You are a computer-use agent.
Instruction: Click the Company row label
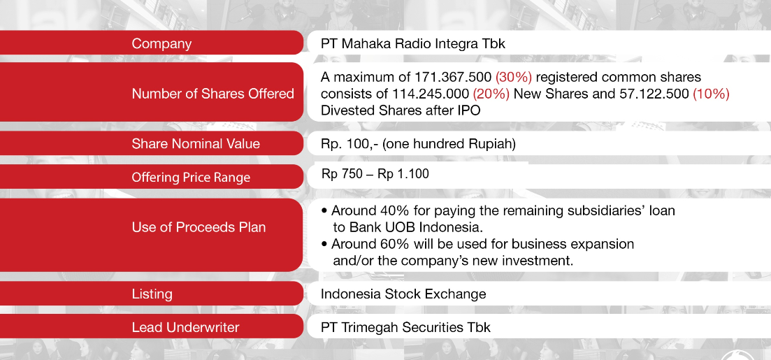(161, 44)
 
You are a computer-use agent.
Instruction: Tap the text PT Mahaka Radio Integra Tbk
(413, 44)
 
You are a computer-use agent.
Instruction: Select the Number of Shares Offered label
(213, 94)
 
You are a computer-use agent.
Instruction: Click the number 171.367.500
(454, 77)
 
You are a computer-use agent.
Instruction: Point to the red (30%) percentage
(514, 77)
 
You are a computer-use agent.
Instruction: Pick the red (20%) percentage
(491, 94)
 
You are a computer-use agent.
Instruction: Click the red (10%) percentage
(711, 94)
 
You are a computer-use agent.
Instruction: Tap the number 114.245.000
(431, 94)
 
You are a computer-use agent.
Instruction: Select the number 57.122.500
(651, 94)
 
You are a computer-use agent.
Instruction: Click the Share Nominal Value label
(196, 144)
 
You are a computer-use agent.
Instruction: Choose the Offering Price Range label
(191, 178)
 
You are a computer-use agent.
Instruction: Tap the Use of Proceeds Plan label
(199, 227)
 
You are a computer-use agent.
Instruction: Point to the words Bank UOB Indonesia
(416, 228)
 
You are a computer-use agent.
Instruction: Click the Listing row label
(152, 294)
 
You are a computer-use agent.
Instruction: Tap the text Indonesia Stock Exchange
(403, 294)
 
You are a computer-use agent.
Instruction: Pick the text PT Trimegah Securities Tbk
(405, 328)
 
